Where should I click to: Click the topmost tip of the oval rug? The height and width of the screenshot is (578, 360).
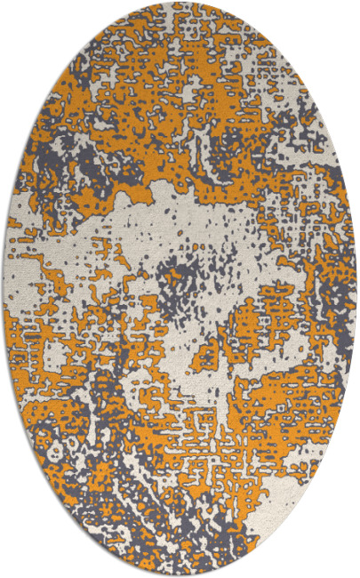pyautogui.click(x=180, y=3)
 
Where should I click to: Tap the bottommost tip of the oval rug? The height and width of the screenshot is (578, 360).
pyautogui.click(x=180, y=575)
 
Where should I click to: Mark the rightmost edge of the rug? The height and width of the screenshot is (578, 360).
pyautogui.click(x=356, y=289)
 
